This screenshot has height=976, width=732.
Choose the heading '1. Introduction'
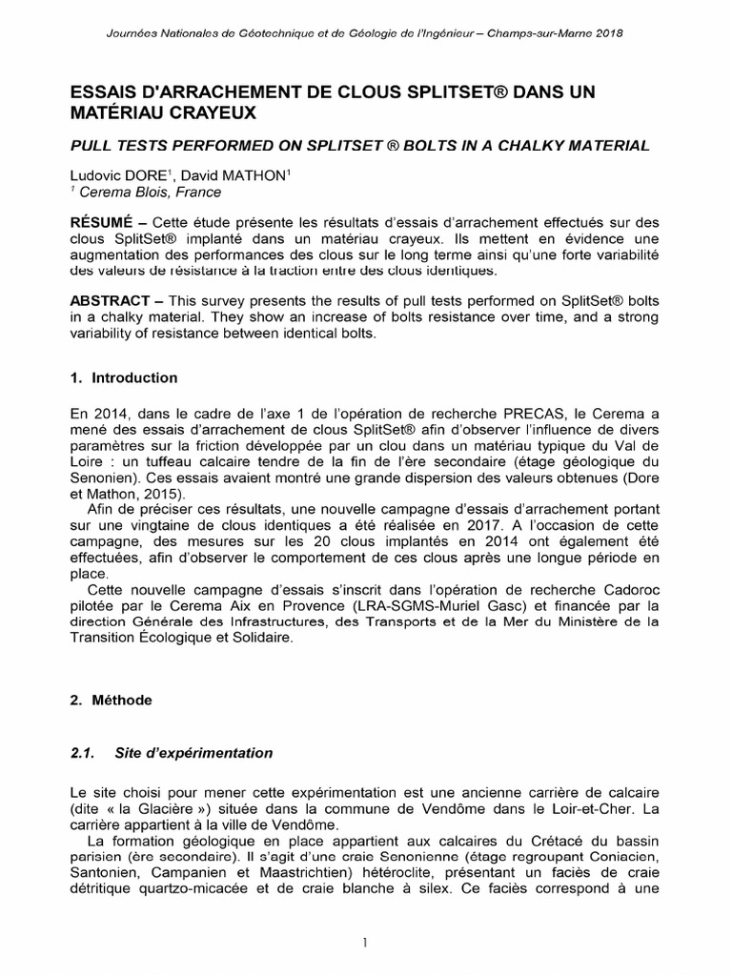pos(124,377)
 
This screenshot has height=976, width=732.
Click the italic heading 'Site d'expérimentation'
pos(193,753)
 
